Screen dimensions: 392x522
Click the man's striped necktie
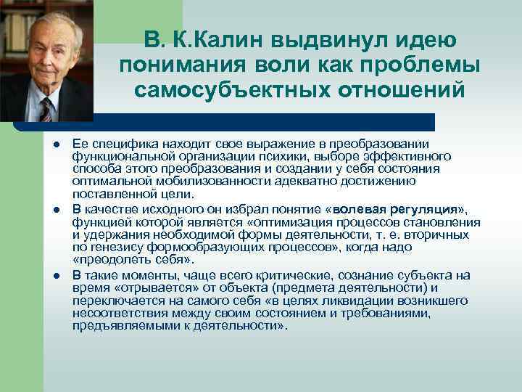point(46,109)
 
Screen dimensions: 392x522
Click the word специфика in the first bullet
point(116,143)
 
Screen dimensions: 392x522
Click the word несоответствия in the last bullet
point(115,314)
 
